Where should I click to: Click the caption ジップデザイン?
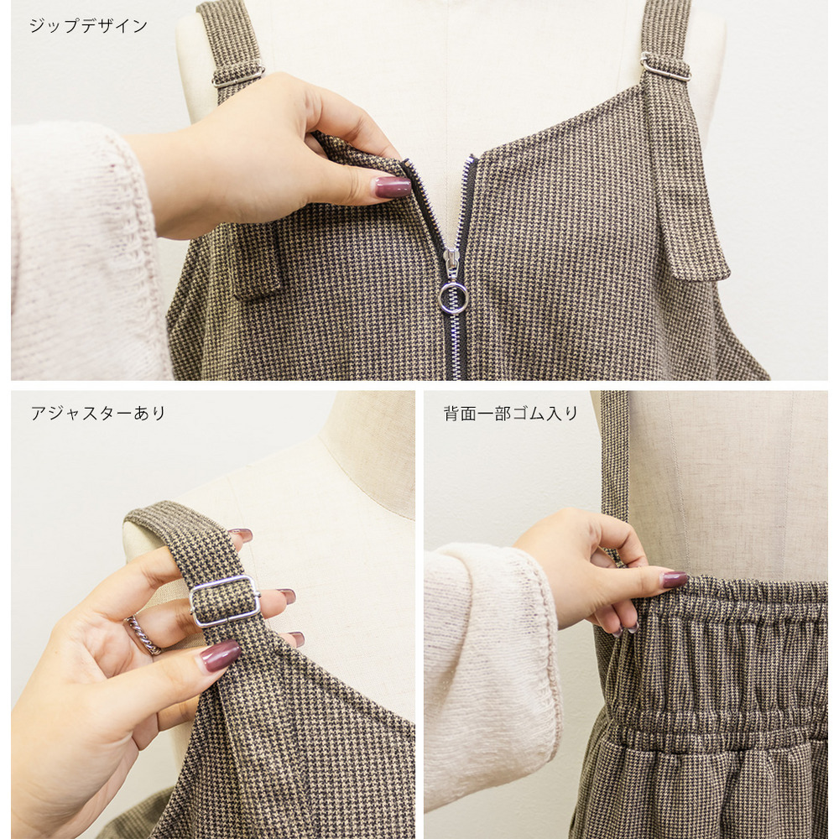(x=88, y=26)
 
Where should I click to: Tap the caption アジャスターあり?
(x=98, y=413)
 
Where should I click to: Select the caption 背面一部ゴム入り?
(x=510, y=413)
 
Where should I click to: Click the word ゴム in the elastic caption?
(x=536, y=413)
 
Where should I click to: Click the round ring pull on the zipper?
(x=454, y=297)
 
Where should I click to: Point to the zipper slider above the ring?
(x=451, y=263)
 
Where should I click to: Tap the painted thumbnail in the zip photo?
(x=392, y=187)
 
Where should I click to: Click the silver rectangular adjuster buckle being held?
(x=224, y=602)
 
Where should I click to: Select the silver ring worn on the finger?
(x=143, y=634)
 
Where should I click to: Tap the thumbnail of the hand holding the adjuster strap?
(x=220, y=654)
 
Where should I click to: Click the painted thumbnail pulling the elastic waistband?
(x=674, y=579)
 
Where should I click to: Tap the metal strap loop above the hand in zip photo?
(x=237, y=77)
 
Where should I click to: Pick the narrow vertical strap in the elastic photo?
(x=614, y=453)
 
